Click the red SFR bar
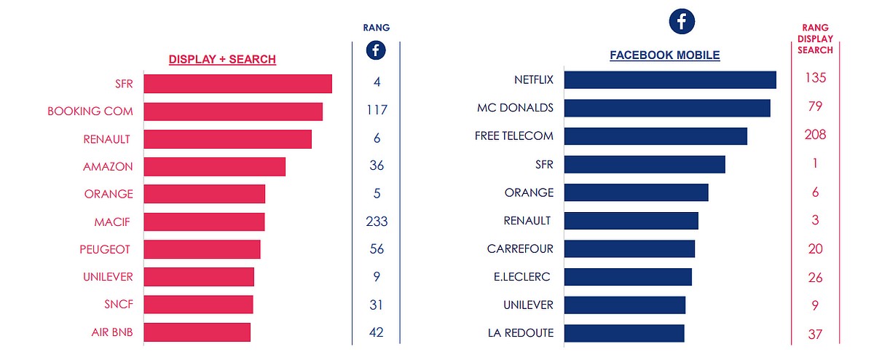click(x=237, y=83)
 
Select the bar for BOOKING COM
click(x=233, y=111)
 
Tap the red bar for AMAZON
click(x=214, y=166)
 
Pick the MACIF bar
click(x=204, y=222)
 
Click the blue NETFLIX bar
click(x=669, y=79)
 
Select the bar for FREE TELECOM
click(x=655, y=136)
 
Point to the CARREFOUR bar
click(x=629, y=249)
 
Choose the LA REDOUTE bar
click(x=623, y=333)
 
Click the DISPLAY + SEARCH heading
click(x=222, y=59)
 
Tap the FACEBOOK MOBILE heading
click(x=664, y=55)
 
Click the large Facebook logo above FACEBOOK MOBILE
click(x=682, y=22)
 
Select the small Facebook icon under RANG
click(x=376, y=50)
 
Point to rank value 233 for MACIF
click(x=377, y=222)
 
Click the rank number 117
click(x=377, y=111)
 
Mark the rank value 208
click(x=815, y=136)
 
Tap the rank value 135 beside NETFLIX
click(x=815, y=79)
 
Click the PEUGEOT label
click(x=105, y=249)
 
